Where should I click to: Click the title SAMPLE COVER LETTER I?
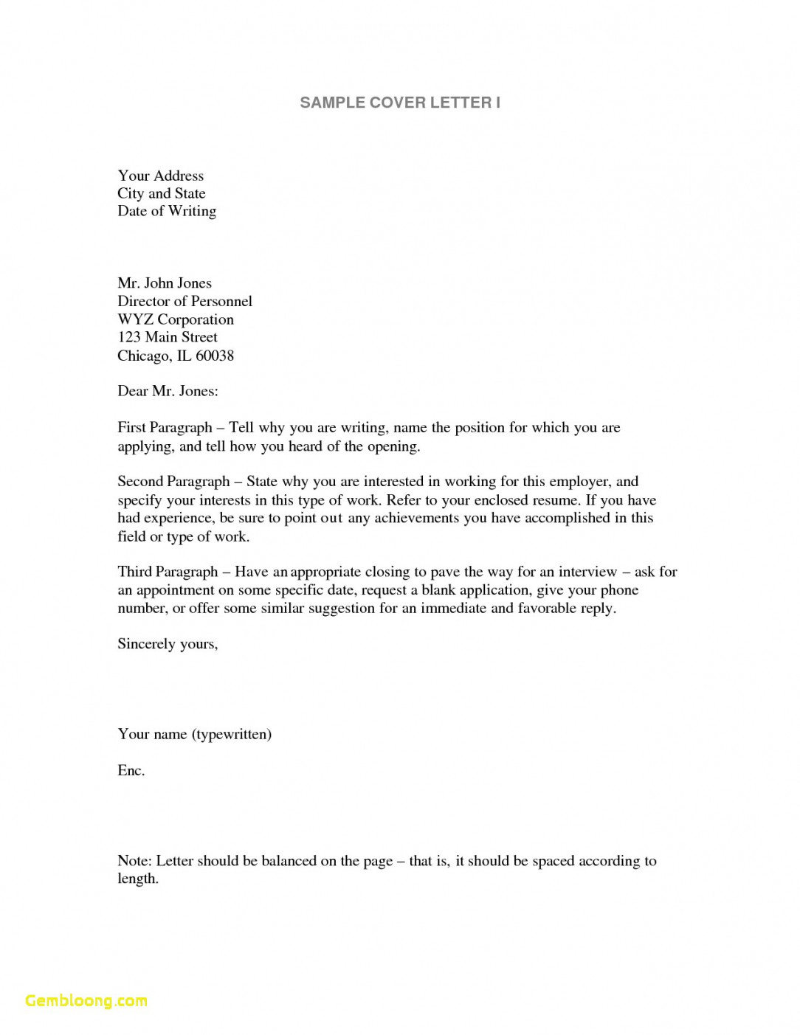[400, 103]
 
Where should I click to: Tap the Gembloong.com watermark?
[86, 1000]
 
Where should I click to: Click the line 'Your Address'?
[160, 176]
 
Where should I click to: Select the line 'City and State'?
[161, 193]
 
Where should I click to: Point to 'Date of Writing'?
[167, 211]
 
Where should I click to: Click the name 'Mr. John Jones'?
[164, 283]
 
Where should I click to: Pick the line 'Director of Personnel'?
[185, 301]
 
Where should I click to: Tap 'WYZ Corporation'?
[176, 319]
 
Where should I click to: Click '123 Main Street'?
[168, 337]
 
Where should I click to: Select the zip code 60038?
[215, 356]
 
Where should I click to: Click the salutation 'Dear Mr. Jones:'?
[168, 391]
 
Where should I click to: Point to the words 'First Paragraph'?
[165, 428]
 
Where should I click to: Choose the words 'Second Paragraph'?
[173, 482]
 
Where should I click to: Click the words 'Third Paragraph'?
[168, 572]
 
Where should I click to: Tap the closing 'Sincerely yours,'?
[168, 644]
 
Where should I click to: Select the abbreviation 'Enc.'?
[131, 770]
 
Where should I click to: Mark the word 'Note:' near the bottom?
[134, 861]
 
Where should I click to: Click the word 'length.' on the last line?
[138, 879]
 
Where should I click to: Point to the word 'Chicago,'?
[145, 356]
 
